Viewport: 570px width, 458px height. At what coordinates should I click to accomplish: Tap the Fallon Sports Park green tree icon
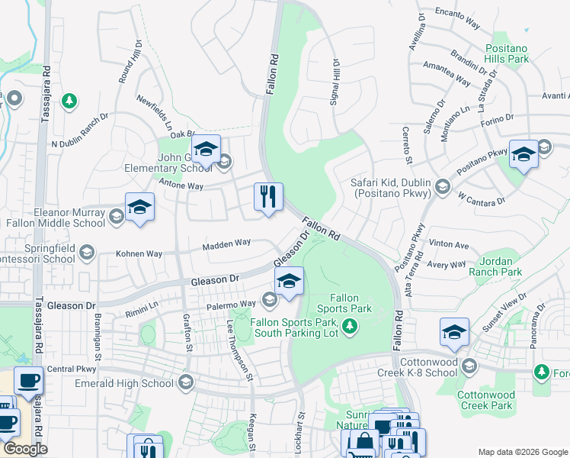[350, 327]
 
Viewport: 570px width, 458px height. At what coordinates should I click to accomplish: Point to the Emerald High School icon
[185, 383]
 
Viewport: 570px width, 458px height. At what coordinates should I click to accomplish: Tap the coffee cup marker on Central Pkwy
[30, 381]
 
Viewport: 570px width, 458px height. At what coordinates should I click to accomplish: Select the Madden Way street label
[226, 244]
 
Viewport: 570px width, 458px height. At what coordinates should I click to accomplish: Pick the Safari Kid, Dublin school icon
[441, 185]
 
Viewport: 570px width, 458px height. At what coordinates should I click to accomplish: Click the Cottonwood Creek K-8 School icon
[470, 367]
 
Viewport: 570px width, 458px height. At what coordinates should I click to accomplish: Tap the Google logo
[25, 449]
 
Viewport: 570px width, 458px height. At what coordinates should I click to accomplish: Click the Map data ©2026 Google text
[522, 452]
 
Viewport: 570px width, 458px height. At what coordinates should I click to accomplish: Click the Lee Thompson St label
[239, 350]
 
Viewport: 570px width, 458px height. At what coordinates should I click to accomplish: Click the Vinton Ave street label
[450, 245]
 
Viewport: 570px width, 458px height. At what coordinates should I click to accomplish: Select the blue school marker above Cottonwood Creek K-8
[454, 333]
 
